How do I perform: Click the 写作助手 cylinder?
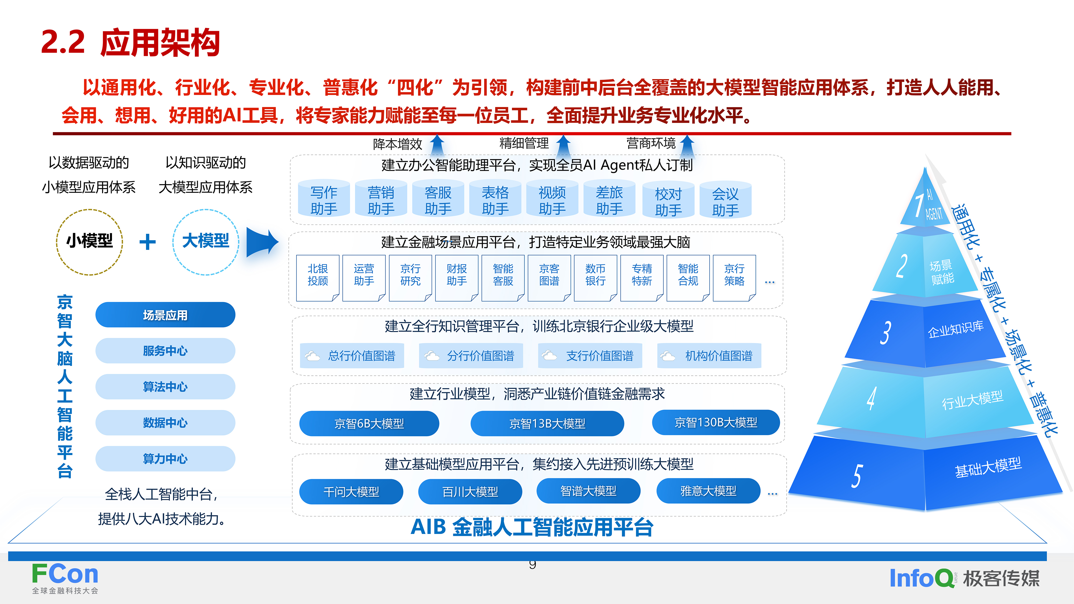click(x=324, y=199)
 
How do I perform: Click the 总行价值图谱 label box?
click(x=352, y=356)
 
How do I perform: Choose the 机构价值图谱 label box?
click(x=709, y=356)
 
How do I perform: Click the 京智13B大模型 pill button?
click(x=547, y=424)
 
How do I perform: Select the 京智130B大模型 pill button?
click(x=716, y=422)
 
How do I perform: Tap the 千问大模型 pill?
click(x=351, y=492)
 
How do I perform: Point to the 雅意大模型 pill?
click(x=708, y=491)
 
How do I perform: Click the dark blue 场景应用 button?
click(x=165, y=315)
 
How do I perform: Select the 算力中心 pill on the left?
click(x=165, y=459)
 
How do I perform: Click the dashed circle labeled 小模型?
click(x=90, y=242)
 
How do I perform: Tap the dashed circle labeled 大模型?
click(x=206, y=242)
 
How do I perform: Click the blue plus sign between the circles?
click(x=148, y=242)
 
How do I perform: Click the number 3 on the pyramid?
click(x=885, y=333)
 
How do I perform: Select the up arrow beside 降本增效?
click(x=437, y=145)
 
